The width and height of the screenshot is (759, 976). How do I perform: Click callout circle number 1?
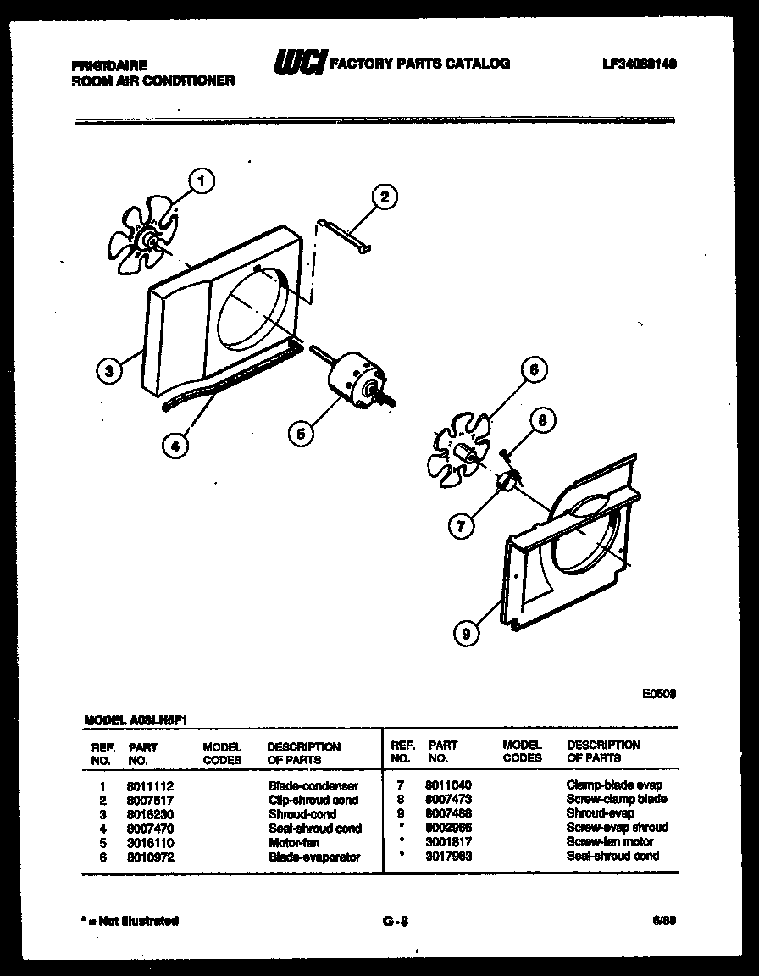(200, 180)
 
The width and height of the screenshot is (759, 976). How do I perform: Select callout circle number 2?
(384, 197)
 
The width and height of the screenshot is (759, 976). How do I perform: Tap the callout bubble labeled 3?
(108, 369)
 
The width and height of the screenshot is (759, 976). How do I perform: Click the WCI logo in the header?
(299, 64)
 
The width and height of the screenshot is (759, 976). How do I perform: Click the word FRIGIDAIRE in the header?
(109, 65)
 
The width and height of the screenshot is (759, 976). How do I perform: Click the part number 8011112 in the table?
(150, 786)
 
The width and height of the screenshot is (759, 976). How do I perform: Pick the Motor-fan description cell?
(294, 843)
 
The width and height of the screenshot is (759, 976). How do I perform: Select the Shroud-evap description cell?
(600, 813)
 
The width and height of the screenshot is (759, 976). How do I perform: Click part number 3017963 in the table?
(448, 856)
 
